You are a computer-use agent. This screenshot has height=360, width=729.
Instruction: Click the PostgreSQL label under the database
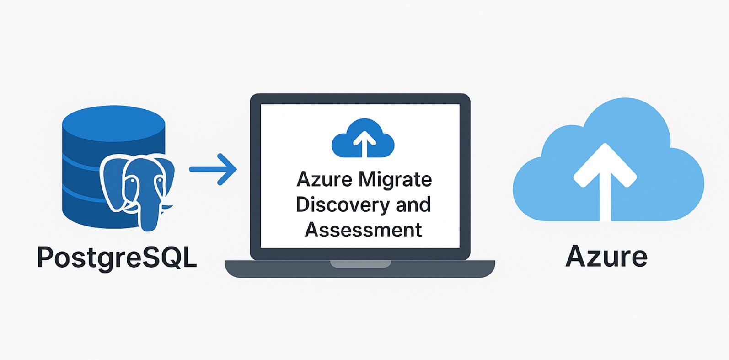click(117, 257)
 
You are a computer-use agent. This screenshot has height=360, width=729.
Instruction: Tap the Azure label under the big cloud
click(606, 256)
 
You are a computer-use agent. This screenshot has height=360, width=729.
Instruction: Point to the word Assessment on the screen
click(363, 230)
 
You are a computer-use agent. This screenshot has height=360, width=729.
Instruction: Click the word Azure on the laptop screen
click(324, 179)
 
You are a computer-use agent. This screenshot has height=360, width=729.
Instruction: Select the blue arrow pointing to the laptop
click(213, 169)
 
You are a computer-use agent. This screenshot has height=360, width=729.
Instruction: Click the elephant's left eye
click(132, 181)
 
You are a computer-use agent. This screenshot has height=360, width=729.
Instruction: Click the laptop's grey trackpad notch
click(361, 264)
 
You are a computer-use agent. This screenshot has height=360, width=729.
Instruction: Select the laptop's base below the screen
click(359, 270)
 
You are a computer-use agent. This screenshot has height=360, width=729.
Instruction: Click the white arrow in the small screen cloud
click(364, 142)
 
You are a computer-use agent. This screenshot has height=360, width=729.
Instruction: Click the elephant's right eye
click(160, 181)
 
